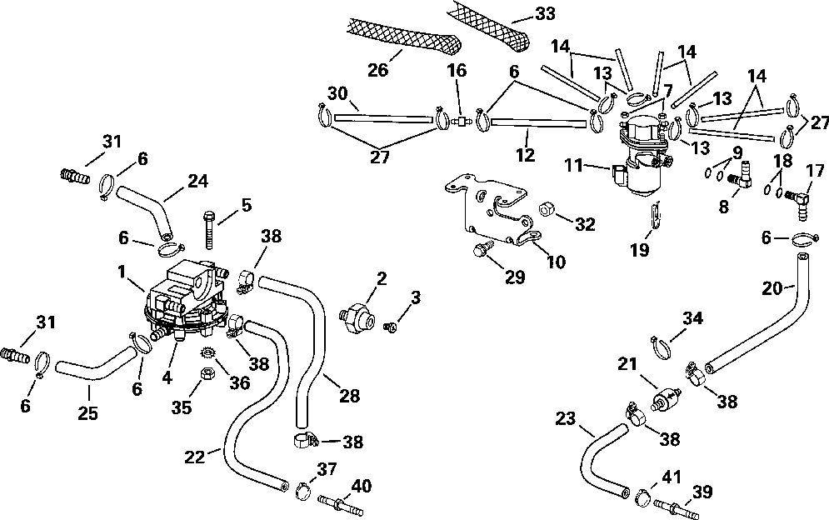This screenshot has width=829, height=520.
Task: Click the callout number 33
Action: pyautogui.click(x=545, y=14)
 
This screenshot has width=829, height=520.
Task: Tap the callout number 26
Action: pyautogui.click(x=378, y=69)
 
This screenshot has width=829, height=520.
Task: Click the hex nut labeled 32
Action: pyautogui.click(x=546, y=209)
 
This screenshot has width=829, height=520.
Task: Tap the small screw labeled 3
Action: pyautogui.click(x=390, y=329)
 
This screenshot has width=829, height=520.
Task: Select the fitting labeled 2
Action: pyautogui.click(x=358, y=316)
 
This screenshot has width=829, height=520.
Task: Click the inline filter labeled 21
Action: pyautogui.click(x=666, y=397)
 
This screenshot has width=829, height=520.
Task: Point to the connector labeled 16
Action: pyautogui.click(x=462, y=122)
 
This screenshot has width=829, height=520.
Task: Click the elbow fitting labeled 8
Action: pyautogui.click(x=742, y=177)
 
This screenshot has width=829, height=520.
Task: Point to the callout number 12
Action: pyautogui.click(x=526, y=154)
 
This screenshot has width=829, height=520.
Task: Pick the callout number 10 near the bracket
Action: pyautogui.click(x=556, y=262)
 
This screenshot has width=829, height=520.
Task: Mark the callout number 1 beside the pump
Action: pyautogui.click(x=122, y=272)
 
